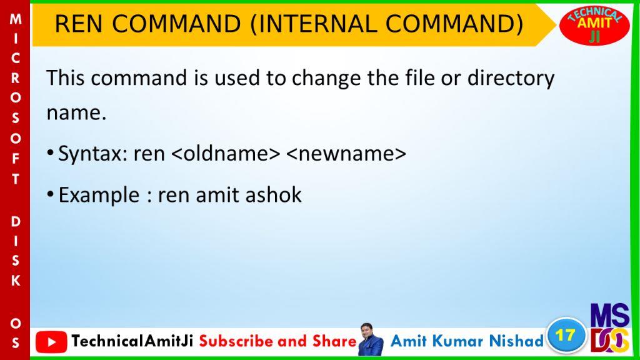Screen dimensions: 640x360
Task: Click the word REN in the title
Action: [78, 24]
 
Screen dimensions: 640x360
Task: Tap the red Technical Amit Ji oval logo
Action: [594, 25]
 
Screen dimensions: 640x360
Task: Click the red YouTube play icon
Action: [51, 342]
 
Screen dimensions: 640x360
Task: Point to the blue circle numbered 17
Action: [566, 336]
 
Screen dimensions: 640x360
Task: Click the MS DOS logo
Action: [610, 327]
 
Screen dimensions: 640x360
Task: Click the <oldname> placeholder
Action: [226, 154]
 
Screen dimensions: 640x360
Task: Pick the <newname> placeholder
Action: [346, 154]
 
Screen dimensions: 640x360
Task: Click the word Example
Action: [99, 196]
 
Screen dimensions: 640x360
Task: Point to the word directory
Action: [511, 78]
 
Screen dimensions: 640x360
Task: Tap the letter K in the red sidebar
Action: [16, 281]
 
